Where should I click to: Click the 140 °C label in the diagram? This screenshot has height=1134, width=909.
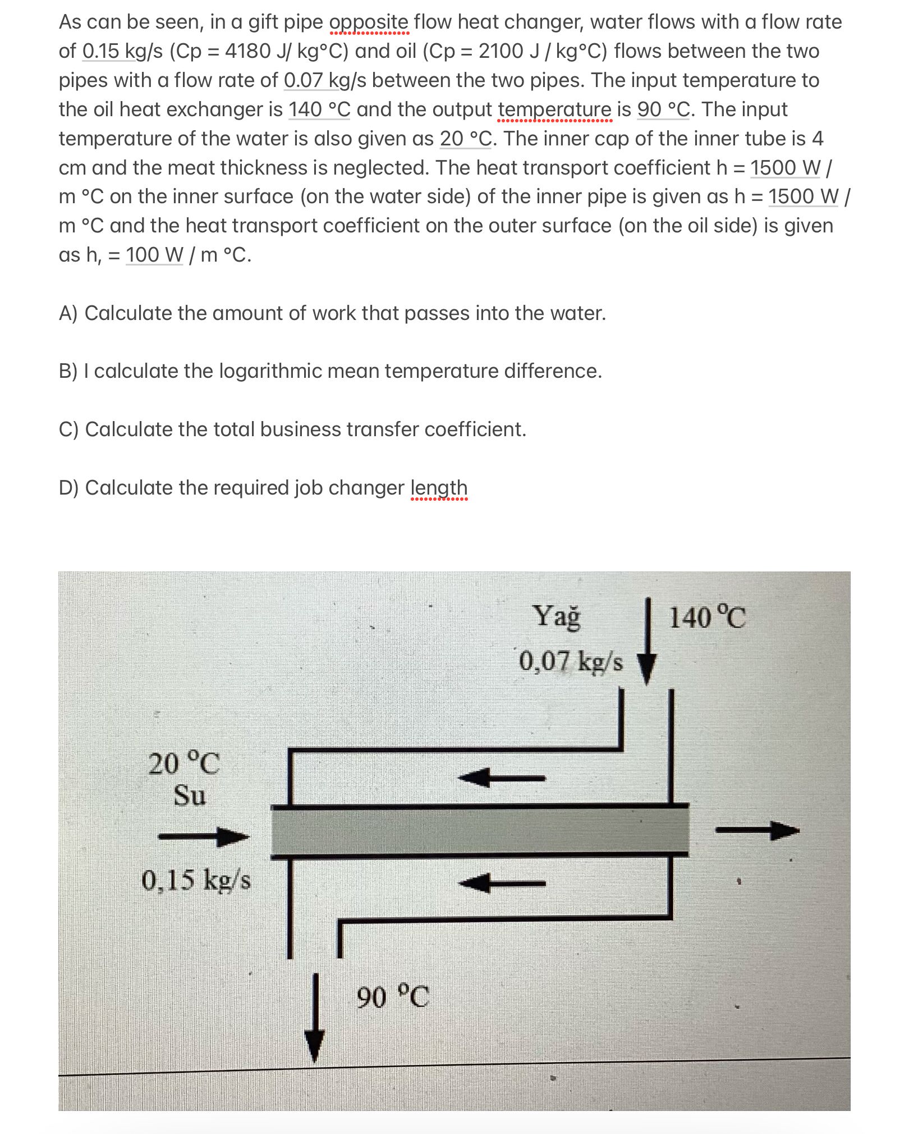click(707, 618)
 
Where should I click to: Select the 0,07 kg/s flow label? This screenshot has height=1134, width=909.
click(571, 661)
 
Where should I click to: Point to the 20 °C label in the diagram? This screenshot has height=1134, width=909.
click(184, 763)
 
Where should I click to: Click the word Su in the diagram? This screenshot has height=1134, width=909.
click(189, 795)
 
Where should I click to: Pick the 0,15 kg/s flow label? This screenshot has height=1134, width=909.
click(196, 880)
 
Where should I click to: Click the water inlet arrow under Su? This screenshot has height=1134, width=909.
click(204, 836)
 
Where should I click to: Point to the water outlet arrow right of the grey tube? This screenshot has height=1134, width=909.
click(757, 830)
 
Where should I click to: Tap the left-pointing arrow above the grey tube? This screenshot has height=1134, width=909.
click(501, 778)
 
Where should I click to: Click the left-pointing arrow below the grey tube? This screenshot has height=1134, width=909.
click(501, 883)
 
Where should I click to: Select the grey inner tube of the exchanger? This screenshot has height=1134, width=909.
click(480, 831)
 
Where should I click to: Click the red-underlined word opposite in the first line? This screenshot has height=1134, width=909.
click(369, 22)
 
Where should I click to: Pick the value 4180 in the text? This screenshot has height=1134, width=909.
click(247, 52)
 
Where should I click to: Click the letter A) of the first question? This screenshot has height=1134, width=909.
click(68, 313)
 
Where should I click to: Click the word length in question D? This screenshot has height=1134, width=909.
click(439, 487)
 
